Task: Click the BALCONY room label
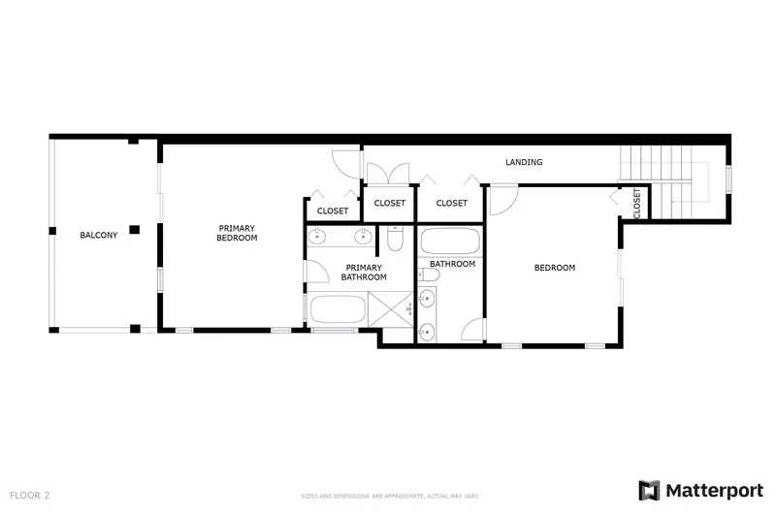pyautogui.click(x=98, y=235)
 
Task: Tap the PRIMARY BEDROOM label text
pyautogui.click(x=237, y=233)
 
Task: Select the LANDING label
pyautogui.click(x=524, y=162)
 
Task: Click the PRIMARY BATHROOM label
pyautogui.click(x=364, y=273)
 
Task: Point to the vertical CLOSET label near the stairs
pyautogui.click(x=636, y=203)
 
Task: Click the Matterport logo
pyautogui.click(x=700, y=490)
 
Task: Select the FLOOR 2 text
pyautogui.click(x=29, y=495)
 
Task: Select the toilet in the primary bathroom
pyautogui.click(x=395, y=238)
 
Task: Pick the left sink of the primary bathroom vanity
pyautogui.click(x=320, y=237)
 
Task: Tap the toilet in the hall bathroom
pyautogui.click(x=430, y=275)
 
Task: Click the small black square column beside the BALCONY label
pyautogui.click(x=135, y=229)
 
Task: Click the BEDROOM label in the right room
pyautogui.click(x=555, y=268)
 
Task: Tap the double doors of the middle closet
pyautogui.click(x=389, y=176)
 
